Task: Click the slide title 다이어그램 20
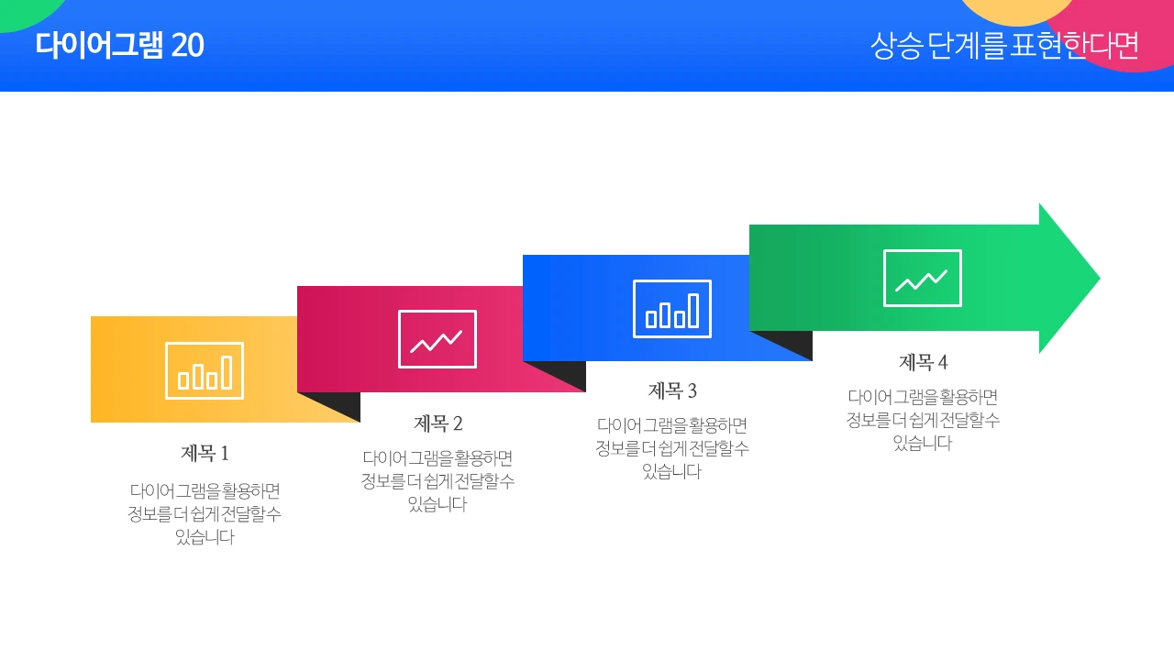pyautogui.click(x=119, y=45)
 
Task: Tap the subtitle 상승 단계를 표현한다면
pyautogui.click(x=1004, y=45)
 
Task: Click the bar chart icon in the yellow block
pyautogui.click(x=205, y=370)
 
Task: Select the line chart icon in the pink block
pyautogui.click(x=437, y=339)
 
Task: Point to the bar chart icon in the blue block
pyautogui.click(x=672, y=309)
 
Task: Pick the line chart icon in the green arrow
pyautogui.click(x=923, y=278)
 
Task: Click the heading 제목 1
pyautogui.click(x=205, y=453)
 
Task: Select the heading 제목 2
pyautogui.click(x=438, y=423)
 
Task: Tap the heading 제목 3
pyautogui.click(x=672, y=390)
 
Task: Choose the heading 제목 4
pyautogui.click(x=923, y=362)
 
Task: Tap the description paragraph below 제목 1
pyautogui.click(x=205, y=513)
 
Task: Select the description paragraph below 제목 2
pyautogui.click(x=438, y=480)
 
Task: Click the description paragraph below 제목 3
pyautogui.click(x=672, y=448)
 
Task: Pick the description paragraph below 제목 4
pyautogui.click(x=923, y=420)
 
